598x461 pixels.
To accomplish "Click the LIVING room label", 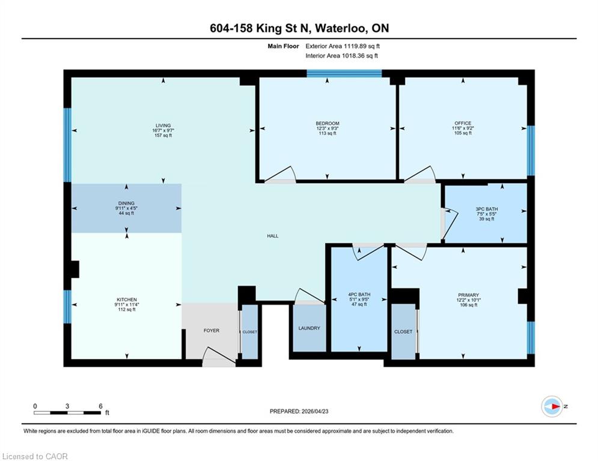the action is [163, 125].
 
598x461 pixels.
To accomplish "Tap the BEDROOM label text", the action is [327, 124].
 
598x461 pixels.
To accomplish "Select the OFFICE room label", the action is [463, 123].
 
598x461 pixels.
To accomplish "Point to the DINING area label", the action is [126, 203].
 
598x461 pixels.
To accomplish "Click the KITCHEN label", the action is [127, 300].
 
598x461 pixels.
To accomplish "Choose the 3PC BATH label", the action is [487, 209].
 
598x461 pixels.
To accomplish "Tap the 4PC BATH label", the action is [359, 295].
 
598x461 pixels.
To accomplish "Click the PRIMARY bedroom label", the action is [468, 295].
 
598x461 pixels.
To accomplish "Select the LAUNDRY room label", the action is [310, 328].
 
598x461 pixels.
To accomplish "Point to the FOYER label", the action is [212, 331].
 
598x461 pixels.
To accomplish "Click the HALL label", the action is [273, 236].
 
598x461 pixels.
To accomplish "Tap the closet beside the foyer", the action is [250, 332].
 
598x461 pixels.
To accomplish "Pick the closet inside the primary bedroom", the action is [403, 332].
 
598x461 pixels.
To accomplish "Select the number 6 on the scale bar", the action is [101, 406].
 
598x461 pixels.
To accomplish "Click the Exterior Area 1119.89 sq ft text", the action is [343, 46].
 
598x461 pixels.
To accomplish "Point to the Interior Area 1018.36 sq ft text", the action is [342, 56].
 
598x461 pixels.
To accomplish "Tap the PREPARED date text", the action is [299, 411].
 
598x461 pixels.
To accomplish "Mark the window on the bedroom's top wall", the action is [344, 73].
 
